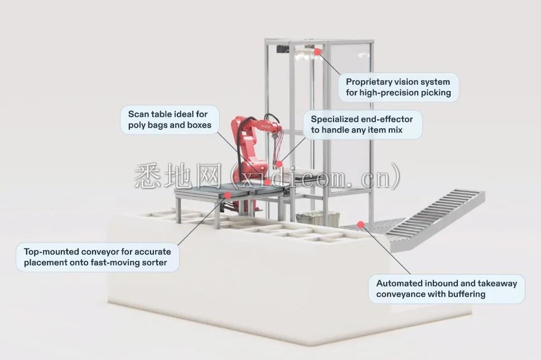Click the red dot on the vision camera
pos(317,52)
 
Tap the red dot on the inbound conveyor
pos(361,225)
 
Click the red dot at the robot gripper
pos(279,164)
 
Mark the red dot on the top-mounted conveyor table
pos(228,195)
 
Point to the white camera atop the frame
pos(304,54)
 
